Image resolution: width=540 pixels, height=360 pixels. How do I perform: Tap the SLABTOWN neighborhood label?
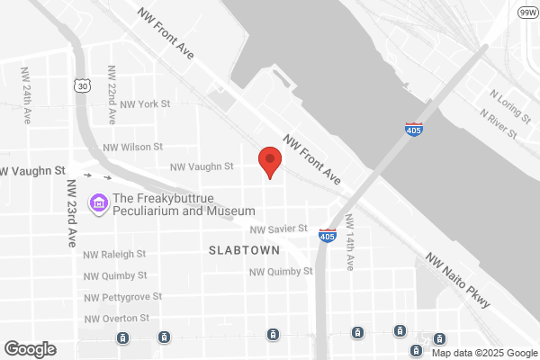244,249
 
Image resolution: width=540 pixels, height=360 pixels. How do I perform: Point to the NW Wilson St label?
132,147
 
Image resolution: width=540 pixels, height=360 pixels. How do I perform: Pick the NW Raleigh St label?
114,255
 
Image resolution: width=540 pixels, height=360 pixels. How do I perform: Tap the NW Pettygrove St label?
122,296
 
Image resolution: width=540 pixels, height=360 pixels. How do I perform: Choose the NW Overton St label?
117,318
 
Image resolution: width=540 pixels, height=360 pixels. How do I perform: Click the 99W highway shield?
526,12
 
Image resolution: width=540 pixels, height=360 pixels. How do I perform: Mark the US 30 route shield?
83,86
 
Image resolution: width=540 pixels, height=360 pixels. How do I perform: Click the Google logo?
30,349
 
